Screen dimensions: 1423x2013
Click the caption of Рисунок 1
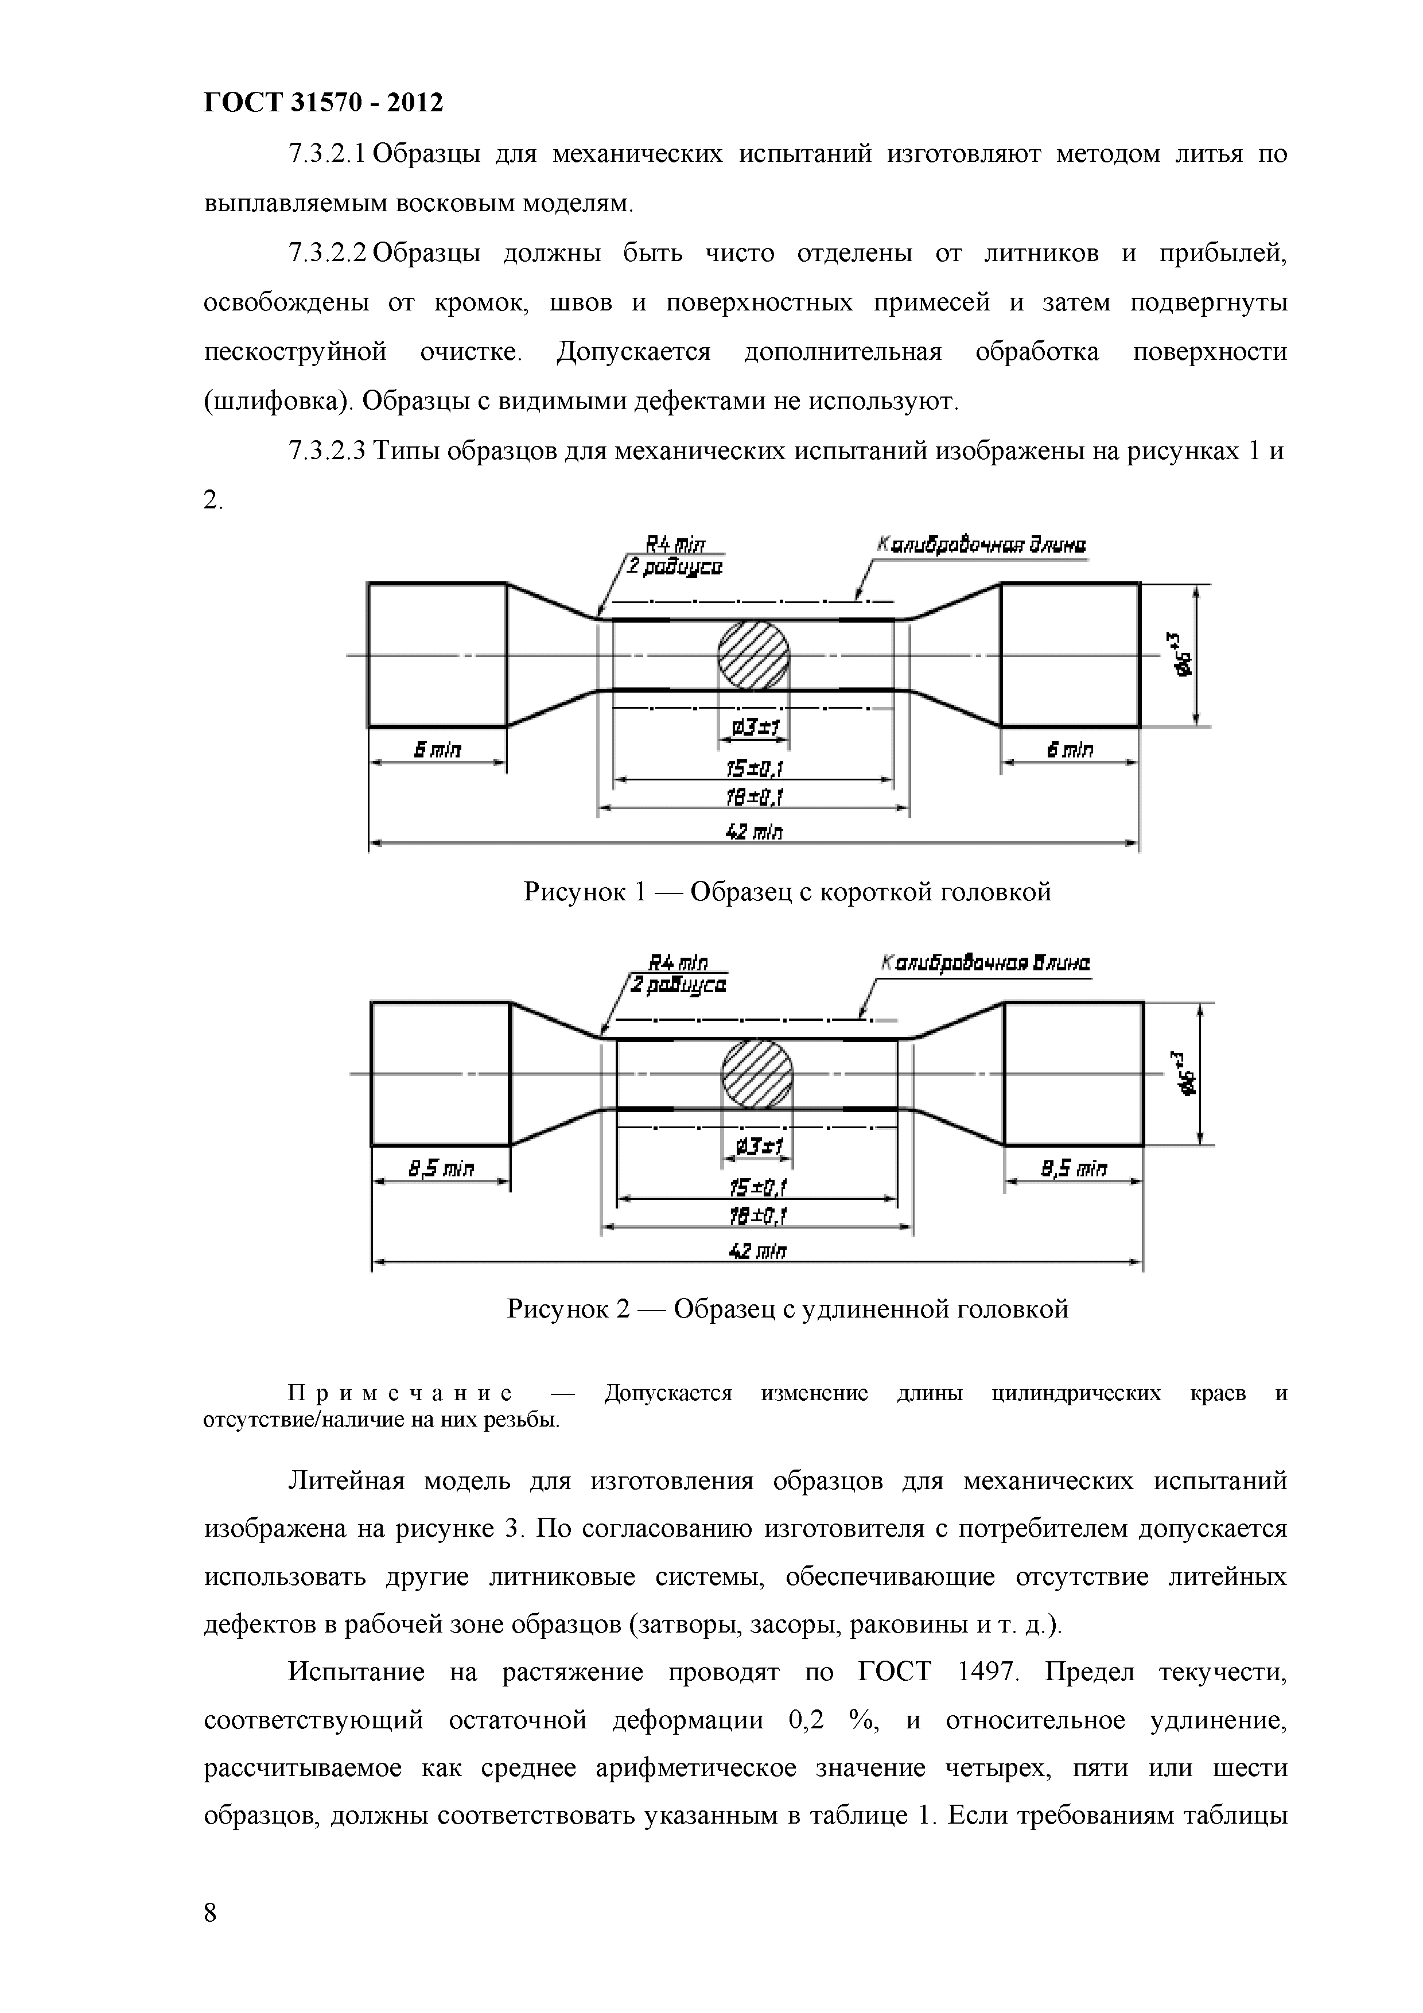(x=787, y=892)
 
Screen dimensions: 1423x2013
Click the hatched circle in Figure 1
(x=753, y=655)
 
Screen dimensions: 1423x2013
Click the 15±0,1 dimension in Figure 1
(x=753, y=769)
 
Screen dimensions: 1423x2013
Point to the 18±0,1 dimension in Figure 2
(x=757, y=1216)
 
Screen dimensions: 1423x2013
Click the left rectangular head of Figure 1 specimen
(x=437, y=655)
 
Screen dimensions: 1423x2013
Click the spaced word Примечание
(x=401, y=1393)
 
